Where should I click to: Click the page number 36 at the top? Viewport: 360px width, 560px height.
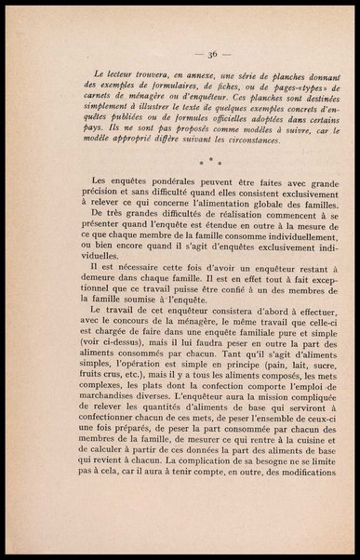pos(180,54)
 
